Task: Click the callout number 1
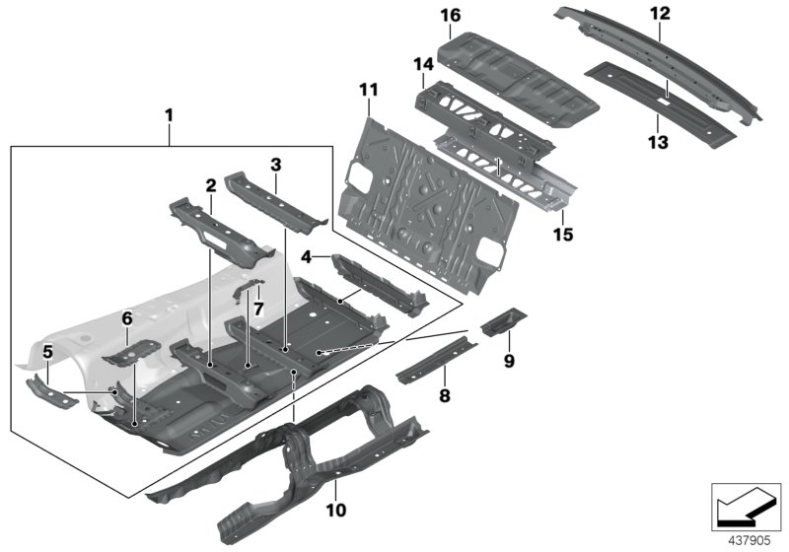[x=169, y=116]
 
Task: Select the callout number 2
[x=210, y=184]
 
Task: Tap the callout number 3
[x=276, y=164]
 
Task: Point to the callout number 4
[x=306, y=257]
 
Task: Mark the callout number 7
[x=258, y=308]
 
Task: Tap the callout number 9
[x=509, y=361]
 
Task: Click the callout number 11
[x=368, y=91]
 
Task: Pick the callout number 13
[x=658, y=142]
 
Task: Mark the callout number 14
[x=423, y=65]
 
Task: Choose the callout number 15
[x=563, y=235]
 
